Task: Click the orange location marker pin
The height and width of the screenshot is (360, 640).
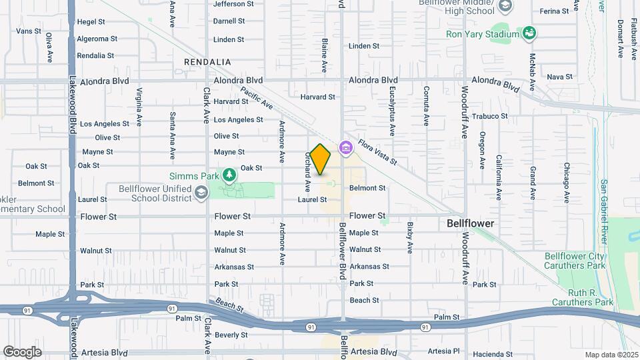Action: tap(321, 159)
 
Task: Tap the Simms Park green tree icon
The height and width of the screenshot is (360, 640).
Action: tap(229, 175)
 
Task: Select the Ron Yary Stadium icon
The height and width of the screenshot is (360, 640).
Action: tap(529, 33)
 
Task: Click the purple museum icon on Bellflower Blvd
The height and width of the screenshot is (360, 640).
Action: tap(345, 147)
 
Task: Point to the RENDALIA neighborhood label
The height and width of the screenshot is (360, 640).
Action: tap(207, 62)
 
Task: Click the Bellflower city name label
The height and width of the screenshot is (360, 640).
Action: tap(470, 223)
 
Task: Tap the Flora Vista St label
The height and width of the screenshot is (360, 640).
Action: tap(377, 152)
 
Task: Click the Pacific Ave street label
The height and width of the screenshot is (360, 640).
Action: tap(257, 99)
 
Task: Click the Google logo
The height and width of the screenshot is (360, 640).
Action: tap(22, 351)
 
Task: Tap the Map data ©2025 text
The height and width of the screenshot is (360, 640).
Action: tap(611, 355)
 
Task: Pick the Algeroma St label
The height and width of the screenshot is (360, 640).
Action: tap(97, 39)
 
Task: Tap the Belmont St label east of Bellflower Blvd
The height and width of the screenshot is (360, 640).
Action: tap(367, 188)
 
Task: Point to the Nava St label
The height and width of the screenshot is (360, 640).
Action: tap(559, 77)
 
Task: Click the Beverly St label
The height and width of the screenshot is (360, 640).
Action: tap(231, 335)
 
